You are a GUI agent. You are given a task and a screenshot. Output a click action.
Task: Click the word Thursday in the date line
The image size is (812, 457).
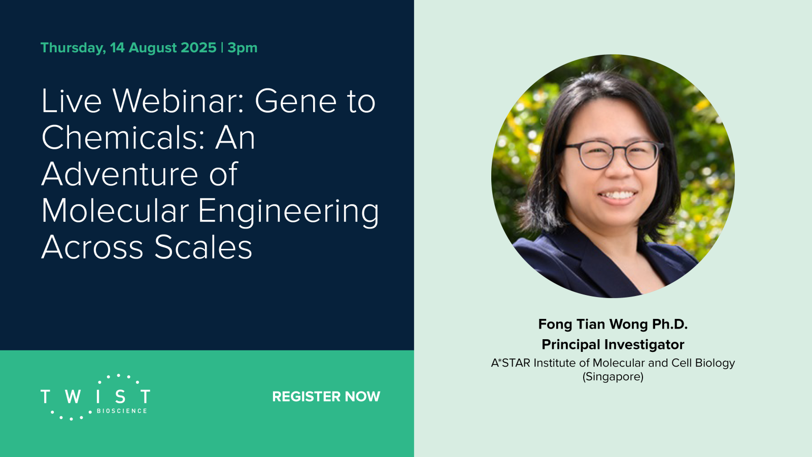(x=73, y=48)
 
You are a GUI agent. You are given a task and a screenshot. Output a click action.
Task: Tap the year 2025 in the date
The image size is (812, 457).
(x=198, y=48)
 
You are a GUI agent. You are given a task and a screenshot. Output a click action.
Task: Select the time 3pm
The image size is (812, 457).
(x=243, y=48)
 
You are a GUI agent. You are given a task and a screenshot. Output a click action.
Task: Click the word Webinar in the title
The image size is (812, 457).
(x=177, y=101)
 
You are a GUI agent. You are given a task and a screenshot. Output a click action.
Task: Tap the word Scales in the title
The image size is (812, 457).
(x=204, y=247)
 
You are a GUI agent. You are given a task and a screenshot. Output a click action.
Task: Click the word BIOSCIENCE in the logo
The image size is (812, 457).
(x=122, y=411)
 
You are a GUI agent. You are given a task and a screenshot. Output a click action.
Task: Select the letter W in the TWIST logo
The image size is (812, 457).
(x=73, y=397)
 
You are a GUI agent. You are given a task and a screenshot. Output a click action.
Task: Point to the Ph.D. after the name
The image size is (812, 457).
(x=670, y=324)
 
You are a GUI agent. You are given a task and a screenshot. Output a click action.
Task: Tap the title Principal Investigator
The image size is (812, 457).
(x=613, y=345)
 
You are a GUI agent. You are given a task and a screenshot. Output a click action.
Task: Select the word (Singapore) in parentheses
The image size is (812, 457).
(x=613, y=377)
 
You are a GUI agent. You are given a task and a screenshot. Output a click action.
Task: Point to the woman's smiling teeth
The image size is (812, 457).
(x=618, y=195)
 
